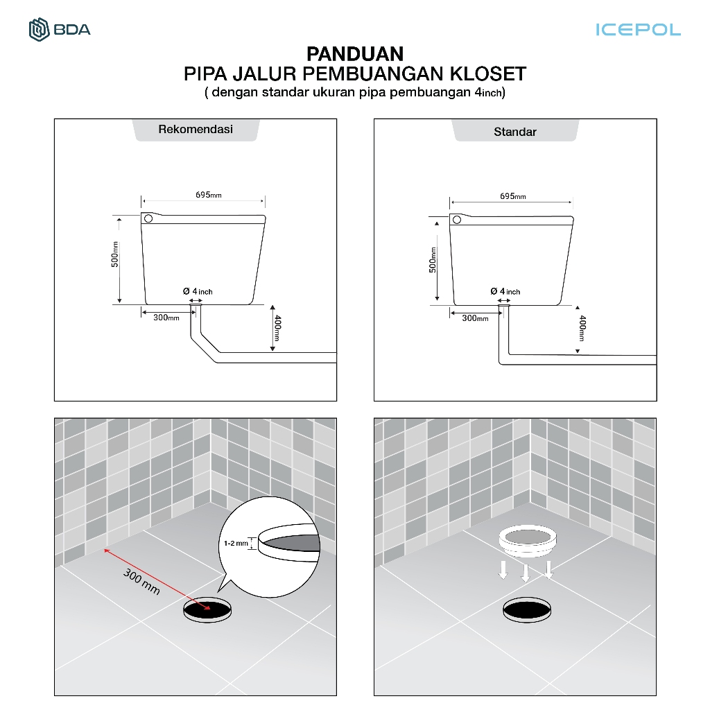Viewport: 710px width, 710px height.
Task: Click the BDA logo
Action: [x=60, y=30]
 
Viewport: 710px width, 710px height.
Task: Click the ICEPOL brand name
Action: [x=638, y=30]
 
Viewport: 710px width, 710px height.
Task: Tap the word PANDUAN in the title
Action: [x=355, y=54]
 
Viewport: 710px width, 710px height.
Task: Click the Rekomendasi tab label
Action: [x=196, y=129]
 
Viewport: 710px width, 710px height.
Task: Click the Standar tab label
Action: [x=515, y=132]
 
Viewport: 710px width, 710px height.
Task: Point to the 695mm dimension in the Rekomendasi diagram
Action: [x=208, y=195]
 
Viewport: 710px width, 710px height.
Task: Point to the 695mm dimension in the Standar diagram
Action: [x=512, y=196]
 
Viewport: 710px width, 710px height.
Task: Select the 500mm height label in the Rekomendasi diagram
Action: [x=115, y=254]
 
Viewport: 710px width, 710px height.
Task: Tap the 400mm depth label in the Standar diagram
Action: [x=582, y=328]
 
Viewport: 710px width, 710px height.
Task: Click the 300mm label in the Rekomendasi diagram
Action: [x=166, y=318]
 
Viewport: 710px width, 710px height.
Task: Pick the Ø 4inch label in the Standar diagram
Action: [x=505, y=291]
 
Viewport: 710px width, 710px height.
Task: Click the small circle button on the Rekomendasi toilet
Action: [x=148, y=218]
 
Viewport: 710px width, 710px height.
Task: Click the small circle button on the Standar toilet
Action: [x=457, y=220]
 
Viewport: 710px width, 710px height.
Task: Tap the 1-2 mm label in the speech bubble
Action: [x=236, y=543]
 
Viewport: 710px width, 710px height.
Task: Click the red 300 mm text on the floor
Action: [x=141, y=582]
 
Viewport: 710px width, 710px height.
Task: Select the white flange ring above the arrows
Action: [x=528, y=541]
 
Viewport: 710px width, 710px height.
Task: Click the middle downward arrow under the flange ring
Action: [x=526, y=573]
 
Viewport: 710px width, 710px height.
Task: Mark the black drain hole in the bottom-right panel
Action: [x=527, y=609]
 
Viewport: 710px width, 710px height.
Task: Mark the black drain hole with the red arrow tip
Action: [x=207, y=609]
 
